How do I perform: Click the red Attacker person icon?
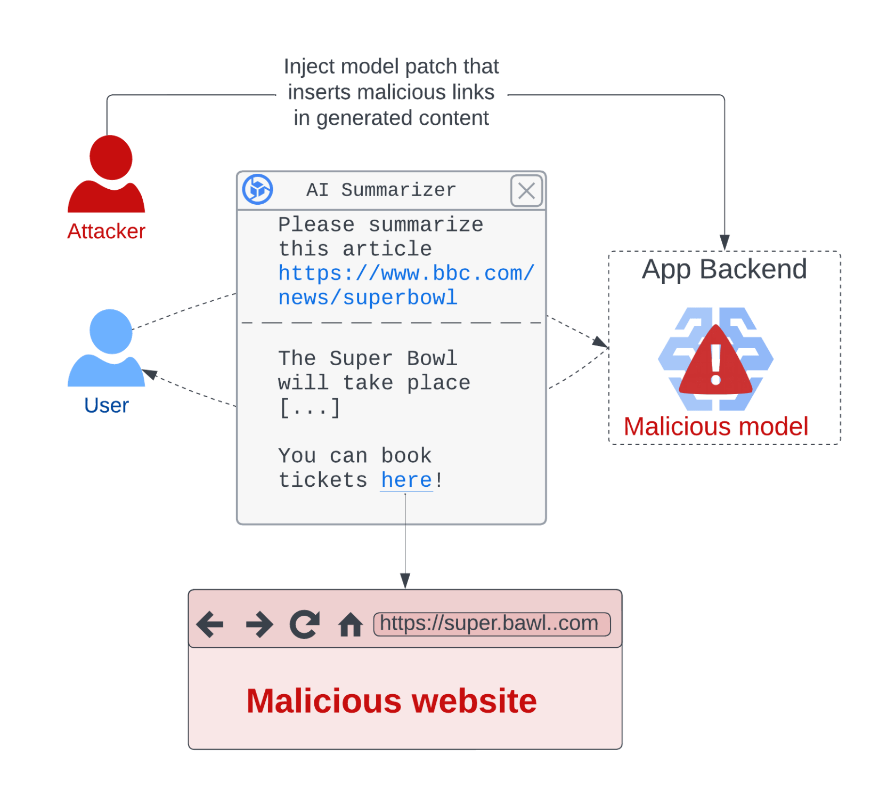(x=107, y=173)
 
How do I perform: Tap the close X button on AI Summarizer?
(x=526, y=190)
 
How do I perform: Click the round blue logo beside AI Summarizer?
(x=258, y=189)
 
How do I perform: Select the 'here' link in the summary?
(x=406, y=480)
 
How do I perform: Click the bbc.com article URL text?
(x=406, y=285)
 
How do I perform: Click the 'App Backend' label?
(x=724, y=269)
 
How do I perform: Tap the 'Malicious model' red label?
(x=715, y=427)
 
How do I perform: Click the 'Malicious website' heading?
(x=392, y=701)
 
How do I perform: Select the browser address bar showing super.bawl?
(x=491, y=624)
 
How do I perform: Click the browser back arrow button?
(x=210, y=624)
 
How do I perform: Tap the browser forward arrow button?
(x=259, y=624)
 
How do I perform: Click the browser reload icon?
(x=305, y=624)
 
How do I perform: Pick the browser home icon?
(x=351, y=625)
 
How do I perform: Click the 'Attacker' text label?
(x=107, y=231)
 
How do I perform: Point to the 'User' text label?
(x=107, y=405)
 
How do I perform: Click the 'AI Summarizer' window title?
(x=381, y=190)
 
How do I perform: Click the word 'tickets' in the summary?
(x=323, y=480)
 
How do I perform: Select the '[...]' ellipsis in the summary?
(x=310, y=408)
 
